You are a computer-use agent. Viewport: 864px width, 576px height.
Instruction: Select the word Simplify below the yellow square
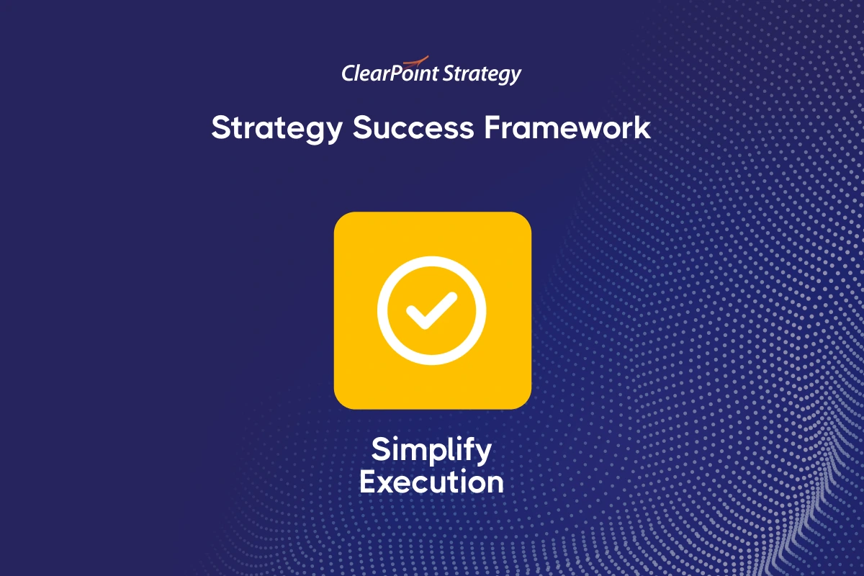(431, 451)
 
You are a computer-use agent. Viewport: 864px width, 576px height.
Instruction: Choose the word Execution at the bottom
(431, 482)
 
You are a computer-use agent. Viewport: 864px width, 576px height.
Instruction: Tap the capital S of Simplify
(381, 450)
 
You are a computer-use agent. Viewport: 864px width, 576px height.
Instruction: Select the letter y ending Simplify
(484, 454)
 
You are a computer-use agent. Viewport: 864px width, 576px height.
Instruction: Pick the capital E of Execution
(368, 482)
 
